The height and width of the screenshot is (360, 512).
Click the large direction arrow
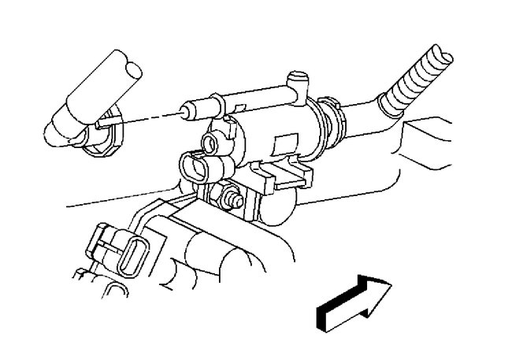point(354,299)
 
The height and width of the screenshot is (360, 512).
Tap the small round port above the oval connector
point(209,142)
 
